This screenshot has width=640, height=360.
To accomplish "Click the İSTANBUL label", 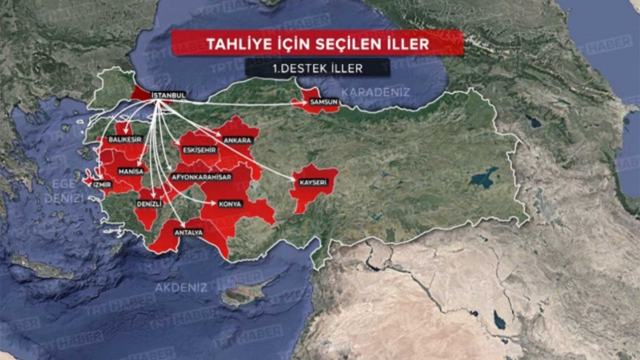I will pyautogui.click(x=168, y=95).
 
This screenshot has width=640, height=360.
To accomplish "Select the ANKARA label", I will pyautogui.click(x=237, y=140).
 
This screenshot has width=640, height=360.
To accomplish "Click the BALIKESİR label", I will pyautogui.click(x=125, y=139).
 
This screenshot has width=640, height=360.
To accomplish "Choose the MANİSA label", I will pyautogui.click(x=131, y=171).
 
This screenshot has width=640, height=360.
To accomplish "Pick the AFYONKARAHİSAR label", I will pyautogui.click(x=201, y=177).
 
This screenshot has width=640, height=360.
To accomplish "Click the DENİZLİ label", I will pyautogui.click(x=149, y=204).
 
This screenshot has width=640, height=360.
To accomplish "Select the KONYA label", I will pyautogui.click(x=230, y=204).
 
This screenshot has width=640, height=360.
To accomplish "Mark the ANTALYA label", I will pyautogui.click(x=188, y=232).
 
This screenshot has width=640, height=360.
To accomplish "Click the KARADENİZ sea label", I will pyautogui.click(x=375, y=92).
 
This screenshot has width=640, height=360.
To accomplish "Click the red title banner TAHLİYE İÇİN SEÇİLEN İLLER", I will pyautogui.click(x=317, y=43).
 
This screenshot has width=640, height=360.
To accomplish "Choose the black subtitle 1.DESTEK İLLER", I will pyautogui.click(x=317, y=68).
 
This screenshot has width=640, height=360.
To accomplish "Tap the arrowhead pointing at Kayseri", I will pyautogui.click(x=294, y=178).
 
